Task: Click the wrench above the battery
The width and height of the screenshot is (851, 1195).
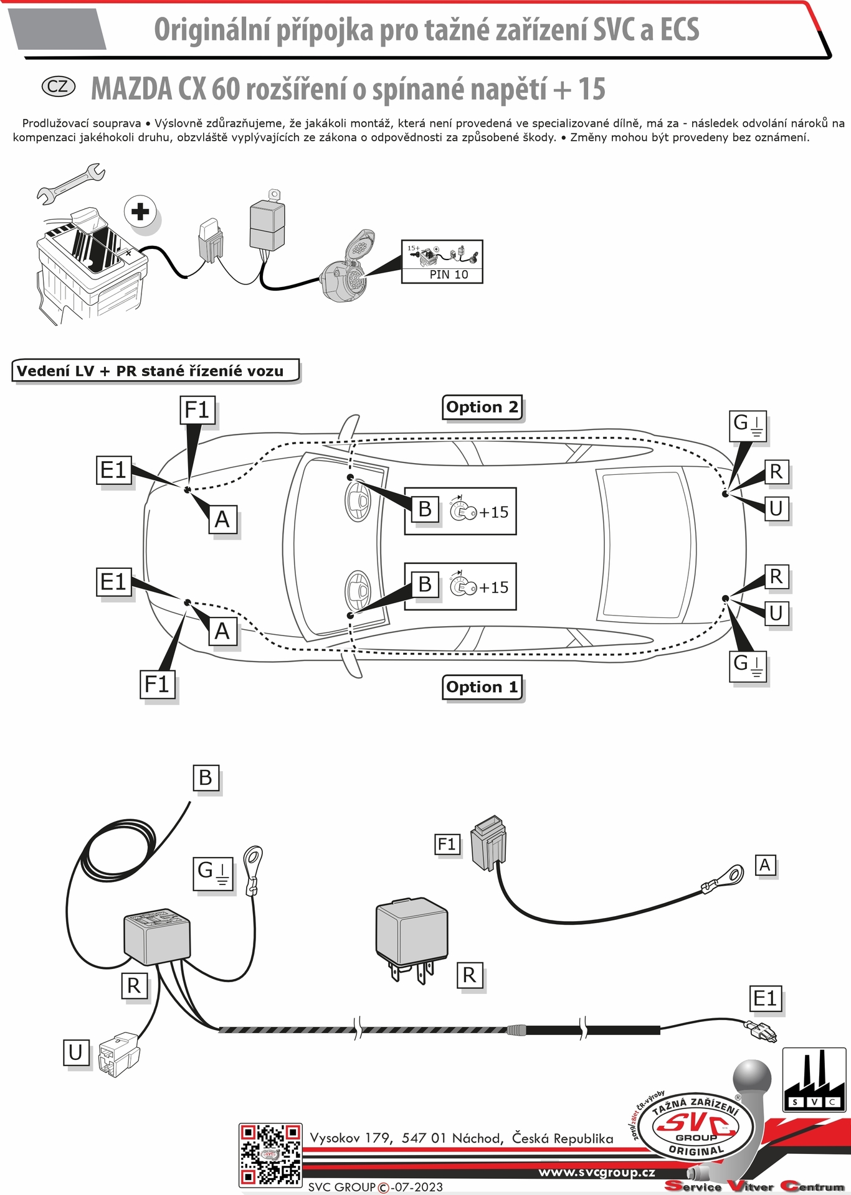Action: pos(70,184)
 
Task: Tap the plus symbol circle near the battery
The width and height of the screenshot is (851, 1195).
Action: pos(140,212)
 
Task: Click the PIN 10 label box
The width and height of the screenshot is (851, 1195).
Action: pos(442,262)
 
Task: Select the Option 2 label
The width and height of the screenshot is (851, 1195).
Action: pos(482,408)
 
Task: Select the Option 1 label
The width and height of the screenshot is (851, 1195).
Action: pos(482,688)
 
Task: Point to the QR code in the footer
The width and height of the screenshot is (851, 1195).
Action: pos(270,1155)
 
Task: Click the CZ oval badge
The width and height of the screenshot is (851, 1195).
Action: pos(58,87)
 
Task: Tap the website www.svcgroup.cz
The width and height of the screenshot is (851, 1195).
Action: pos(596,1173)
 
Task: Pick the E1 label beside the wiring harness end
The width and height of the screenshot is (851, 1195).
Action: pos(765,999)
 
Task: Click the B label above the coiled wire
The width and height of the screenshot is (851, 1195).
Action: pos(206,778)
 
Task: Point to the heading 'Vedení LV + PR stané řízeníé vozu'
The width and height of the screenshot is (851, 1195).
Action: pos(156,371)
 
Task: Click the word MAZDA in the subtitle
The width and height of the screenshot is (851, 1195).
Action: pos(131,89)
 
